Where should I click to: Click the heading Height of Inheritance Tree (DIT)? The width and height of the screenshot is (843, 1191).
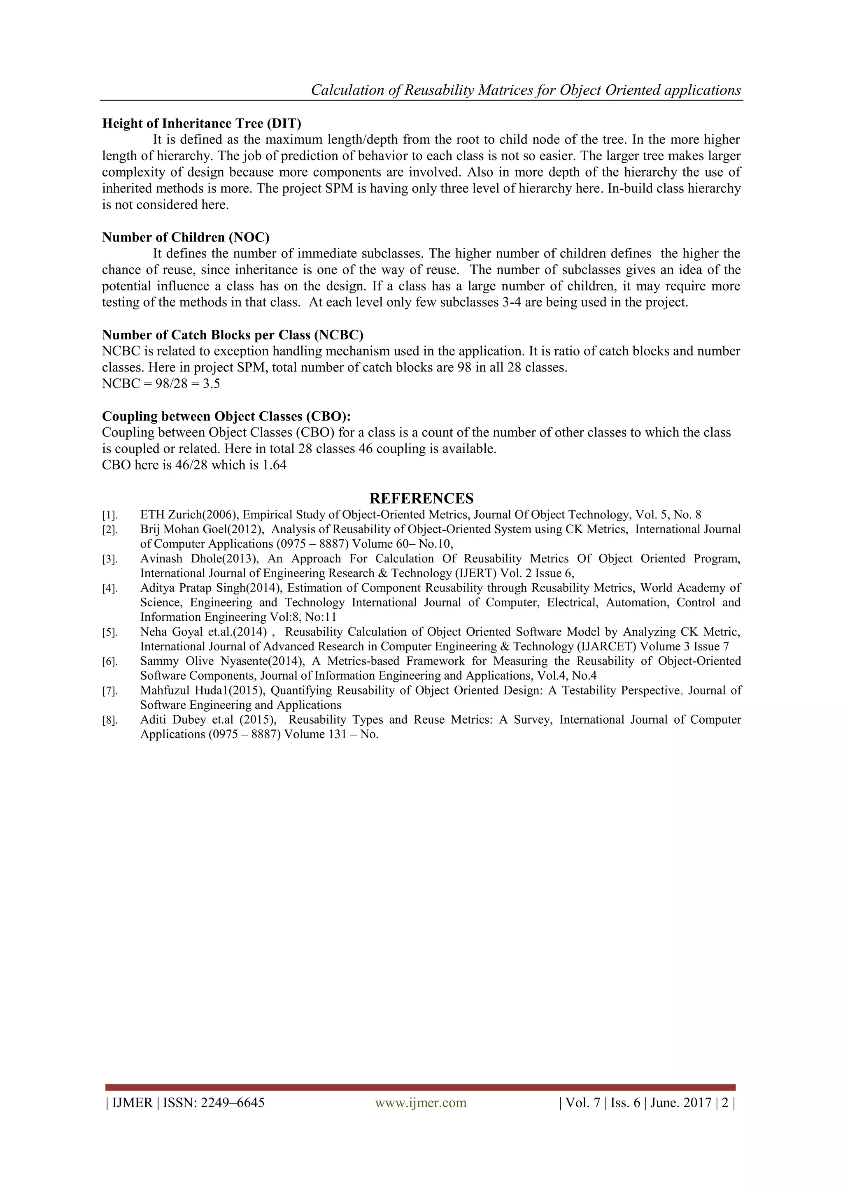[x=201, y=123]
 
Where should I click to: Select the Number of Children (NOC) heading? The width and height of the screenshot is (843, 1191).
[x=185, y=237]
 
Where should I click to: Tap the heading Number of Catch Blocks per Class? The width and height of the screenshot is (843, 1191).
[x=233, y=335]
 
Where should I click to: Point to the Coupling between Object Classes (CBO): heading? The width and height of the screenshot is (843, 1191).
[x=226, y=416]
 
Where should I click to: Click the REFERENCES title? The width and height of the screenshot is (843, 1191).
[x=421, y=499]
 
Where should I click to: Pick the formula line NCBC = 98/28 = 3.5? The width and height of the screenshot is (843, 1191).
[x=161, y=384]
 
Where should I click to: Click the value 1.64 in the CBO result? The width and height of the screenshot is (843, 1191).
[x=274, y=465]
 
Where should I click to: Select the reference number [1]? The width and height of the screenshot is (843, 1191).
[x=109, y=515]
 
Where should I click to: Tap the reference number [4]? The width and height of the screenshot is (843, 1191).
[x=109, y=589]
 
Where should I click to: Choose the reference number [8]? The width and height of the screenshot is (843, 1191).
[x=109, y=720]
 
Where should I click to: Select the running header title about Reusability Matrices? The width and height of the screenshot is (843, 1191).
[x=526, y=90]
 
